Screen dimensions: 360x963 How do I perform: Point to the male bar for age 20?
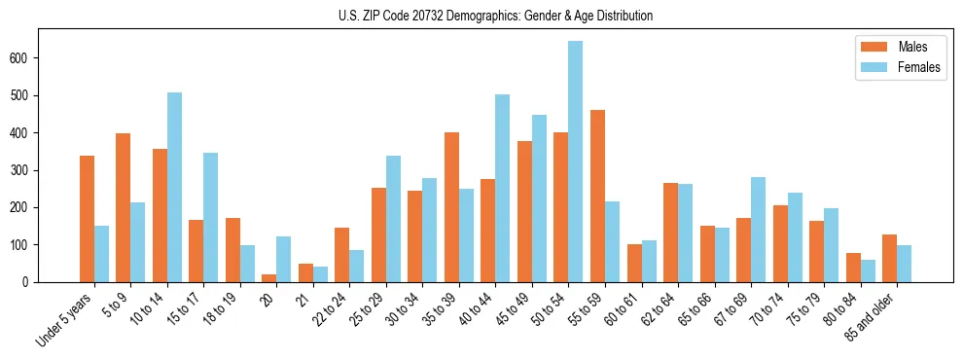click(269, 278)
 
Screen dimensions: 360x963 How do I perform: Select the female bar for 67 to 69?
click(758, 230)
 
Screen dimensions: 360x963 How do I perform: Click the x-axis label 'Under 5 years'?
click(65, 318)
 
